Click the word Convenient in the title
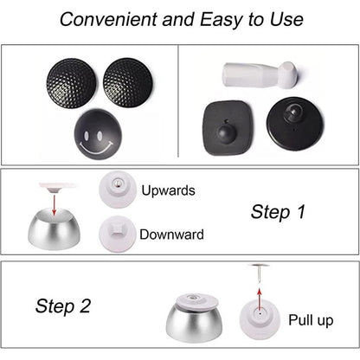(x=109, y=19)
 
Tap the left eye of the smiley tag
(x=87, y=135)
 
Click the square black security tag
(x=228, y=128)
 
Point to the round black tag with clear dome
(x=294, y=124)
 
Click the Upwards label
(x=168, y=190)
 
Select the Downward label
(x=171, y=235)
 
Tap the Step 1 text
(x=278, y=212)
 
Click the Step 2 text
(x=63, y=306)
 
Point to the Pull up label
(x=311, y=320)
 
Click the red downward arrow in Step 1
(x=54, y=204)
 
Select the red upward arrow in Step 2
(x=260, y=299)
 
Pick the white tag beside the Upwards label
(x=118, y=189)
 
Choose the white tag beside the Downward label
(x=117, y=234)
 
